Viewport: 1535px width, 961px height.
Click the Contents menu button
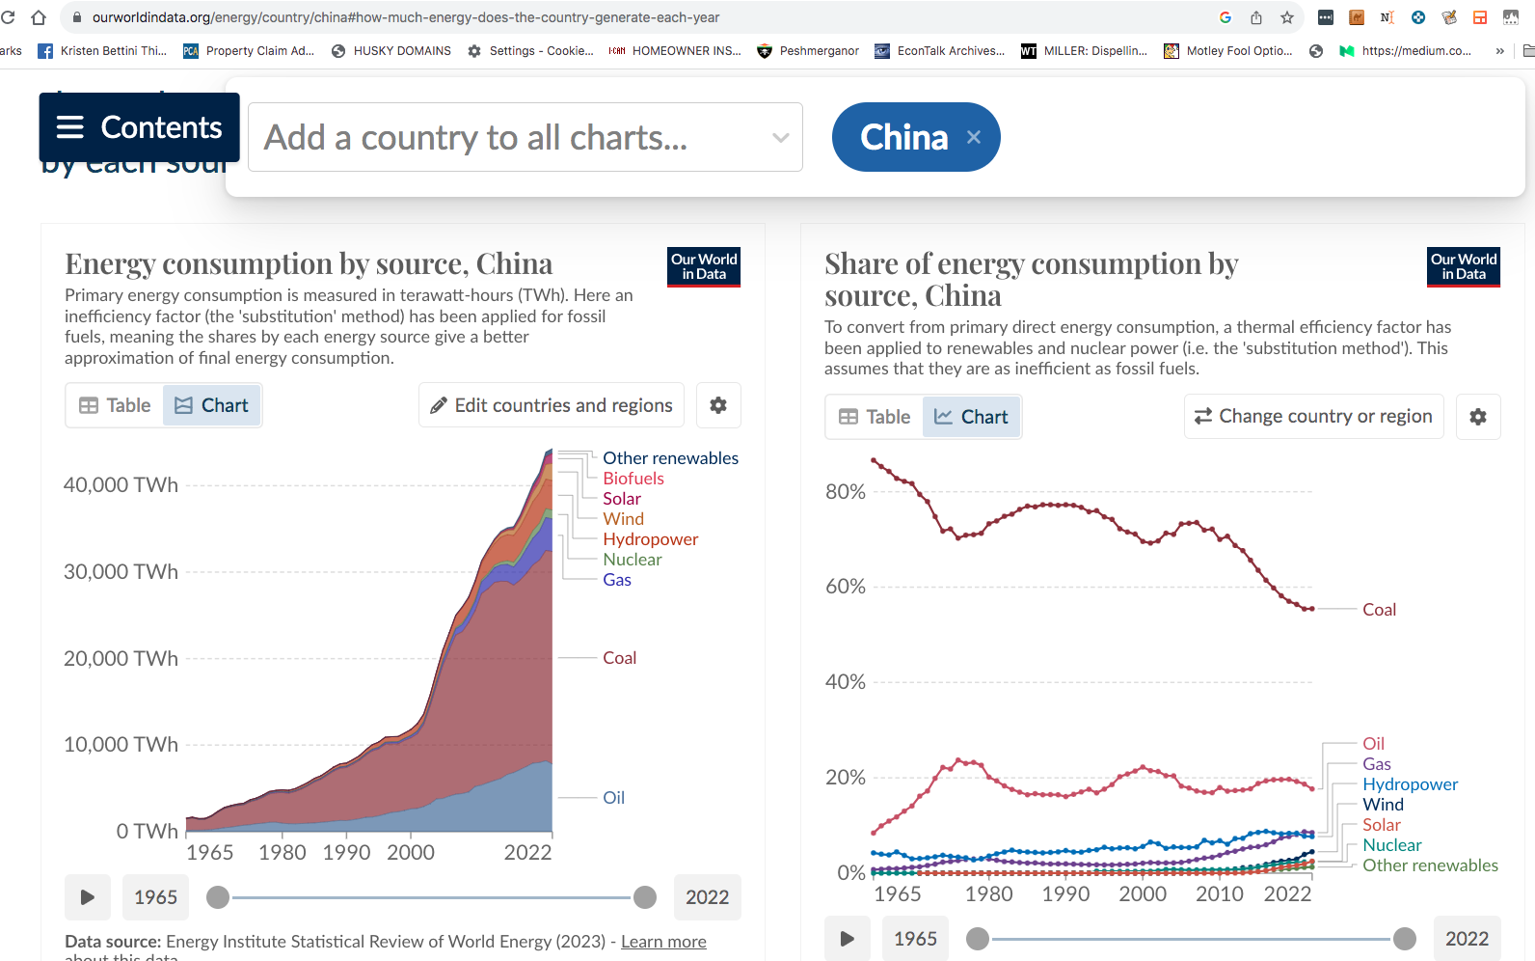click(x=139, y=127)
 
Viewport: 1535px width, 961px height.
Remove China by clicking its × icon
click(x=974, y=137)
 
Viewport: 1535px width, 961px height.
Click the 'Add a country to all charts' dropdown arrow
click(x=780, y=138)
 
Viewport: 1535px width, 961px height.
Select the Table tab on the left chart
click(x=116, y=405)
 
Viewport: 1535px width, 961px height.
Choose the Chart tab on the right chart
click(x=972, y=417)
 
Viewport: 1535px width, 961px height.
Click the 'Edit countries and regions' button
click(x=552, y=405)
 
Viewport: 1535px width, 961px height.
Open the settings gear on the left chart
click(x=718, y=405)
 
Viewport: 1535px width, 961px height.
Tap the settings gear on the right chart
click(x=1478, y=417)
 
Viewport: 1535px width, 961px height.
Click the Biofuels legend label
click(x=633, y=479)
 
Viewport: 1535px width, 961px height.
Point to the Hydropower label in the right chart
click(x=1410, y=784)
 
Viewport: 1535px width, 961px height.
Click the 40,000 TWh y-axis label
click(x=121, y=485)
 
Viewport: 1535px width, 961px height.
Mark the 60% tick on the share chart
click(x=846, y=587)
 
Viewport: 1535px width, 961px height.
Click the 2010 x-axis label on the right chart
click(x=1220, y=894)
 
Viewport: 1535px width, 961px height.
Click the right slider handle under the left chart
click(x=645, y=897)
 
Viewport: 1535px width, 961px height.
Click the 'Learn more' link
click(x=663, y=942)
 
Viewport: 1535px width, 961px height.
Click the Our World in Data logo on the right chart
click(x=1464, y=267)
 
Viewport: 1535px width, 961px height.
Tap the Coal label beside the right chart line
click(x=1379, y=610)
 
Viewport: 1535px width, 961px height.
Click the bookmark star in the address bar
click(x=1287, y=17)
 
